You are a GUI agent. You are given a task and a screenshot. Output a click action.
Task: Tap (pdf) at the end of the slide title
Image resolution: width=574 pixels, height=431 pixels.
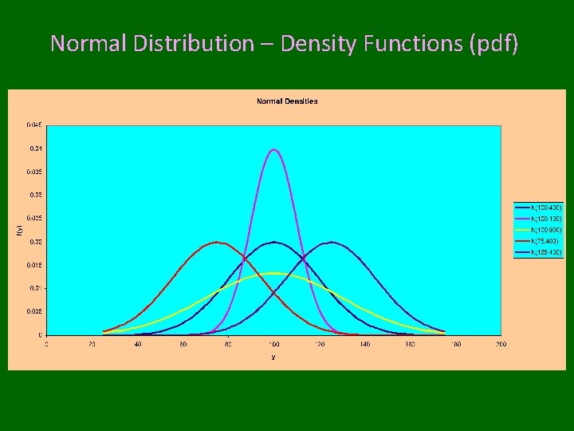[494, 43]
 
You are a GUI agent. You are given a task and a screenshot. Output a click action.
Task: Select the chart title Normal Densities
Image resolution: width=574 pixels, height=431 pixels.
[287, 101]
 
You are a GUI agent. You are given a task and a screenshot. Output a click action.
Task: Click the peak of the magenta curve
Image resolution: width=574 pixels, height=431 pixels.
[274, 149]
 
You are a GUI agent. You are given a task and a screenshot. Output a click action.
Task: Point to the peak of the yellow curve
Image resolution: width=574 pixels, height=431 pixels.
[274, 273]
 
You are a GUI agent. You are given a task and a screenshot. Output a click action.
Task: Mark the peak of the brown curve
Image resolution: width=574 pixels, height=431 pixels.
[217, 243]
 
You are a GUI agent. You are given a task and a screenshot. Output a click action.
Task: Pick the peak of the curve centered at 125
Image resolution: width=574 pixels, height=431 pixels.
[331, 242]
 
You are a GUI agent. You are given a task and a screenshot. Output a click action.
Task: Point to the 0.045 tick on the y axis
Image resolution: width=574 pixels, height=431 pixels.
[34, 125]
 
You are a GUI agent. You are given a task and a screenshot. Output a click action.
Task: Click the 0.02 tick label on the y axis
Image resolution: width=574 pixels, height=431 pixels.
[36, 242]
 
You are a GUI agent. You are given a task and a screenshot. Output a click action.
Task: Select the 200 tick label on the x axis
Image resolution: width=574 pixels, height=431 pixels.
[501, 344]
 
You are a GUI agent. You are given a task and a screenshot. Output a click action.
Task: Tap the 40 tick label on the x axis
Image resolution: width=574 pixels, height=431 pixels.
[137, 344]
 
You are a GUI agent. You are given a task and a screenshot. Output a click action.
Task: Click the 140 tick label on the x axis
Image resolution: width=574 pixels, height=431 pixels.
[364, 344]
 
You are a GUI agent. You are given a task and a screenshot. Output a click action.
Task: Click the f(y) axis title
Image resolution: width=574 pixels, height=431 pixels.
[20, 230]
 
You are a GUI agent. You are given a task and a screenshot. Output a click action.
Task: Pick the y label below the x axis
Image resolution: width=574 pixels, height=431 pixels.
[273, 357]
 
